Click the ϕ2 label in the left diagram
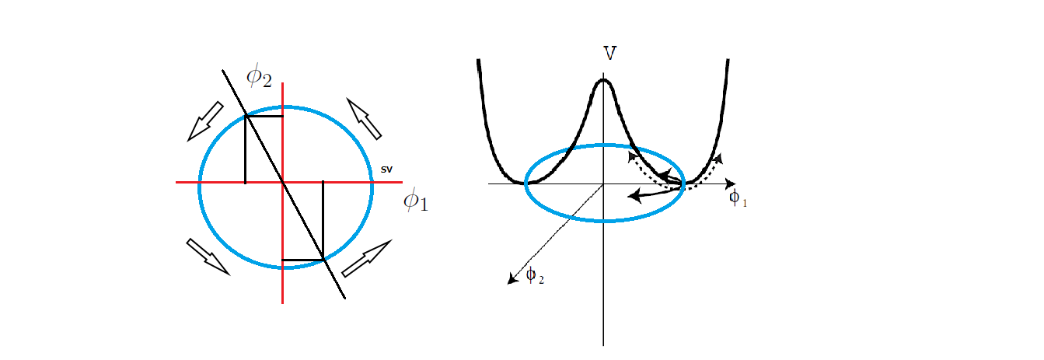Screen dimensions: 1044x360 tap(259, 76)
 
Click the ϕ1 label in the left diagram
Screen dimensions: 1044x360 tap(416, 202)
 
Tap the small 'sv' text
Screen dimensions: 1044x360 tap(386, 169)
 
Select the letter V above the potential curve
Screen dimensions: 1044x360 tap(610, 54)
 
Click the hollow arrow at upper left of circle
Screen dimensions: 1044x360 tap(205, 122)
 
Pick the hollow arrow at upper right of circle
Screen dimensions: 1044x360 tap(364, 119)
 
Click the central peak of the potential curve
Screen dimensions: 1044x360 tap(603, 79)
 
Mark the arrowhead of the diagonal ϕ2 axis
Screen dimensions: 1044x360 tap(511, 281)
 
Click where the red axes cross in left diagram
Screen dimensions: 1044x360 tap(283, 182)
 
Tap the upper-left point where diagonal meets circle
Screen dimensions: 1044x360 tap(246, 116)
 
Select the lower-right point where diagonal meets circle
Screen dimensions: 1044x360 tap(323, 259)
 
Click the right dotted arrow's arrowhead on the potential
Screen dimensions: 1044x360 tap(718, 158)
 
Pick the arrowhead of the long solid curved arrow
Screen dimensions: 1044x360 tap(633, 197)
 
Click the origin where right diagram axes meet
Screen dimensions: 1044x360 tap(603, 184)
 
